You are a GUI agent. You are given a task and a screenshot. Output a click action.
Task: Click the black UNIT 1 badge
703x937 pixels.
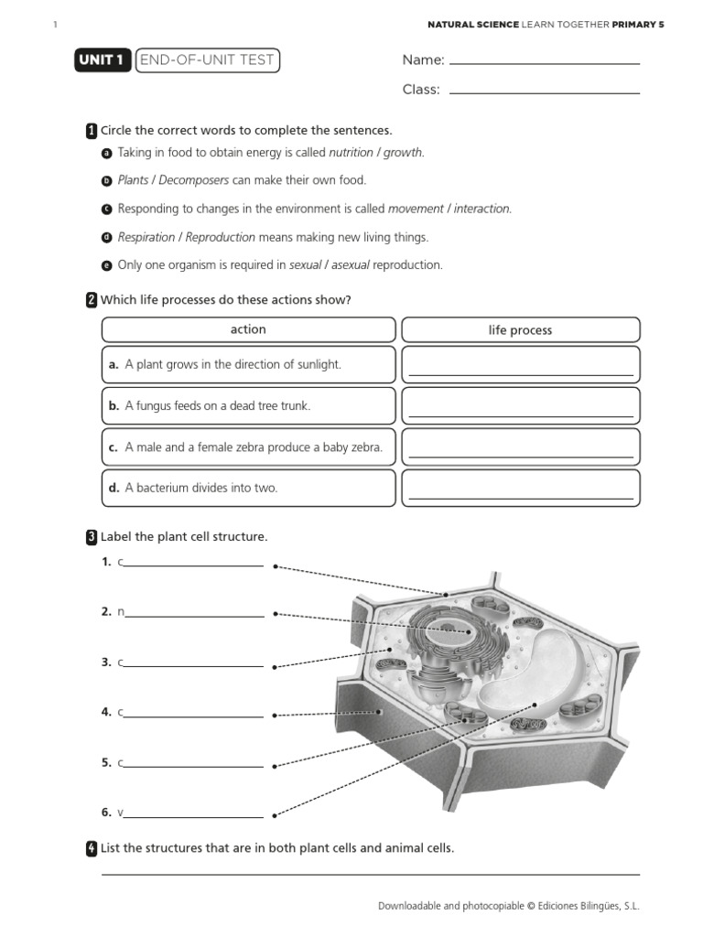coord(102,60)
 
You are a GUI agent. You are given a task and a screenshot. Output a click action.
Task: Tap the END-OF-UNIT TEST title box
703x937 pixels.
coord(206,60)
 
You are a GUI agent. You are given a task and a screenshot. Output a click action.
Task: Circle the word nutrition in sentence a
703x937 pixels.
coord(351,153)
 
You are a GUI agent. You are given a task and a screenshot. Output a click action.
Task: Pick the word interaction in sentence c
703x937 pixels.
coord(482,209)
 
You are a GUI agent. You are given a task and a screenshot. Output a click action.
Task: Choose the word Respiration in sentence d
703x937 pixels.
coord(146,237)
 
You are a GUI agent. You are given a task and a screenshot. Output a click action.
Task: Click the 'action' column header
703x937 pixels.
coord(248,329)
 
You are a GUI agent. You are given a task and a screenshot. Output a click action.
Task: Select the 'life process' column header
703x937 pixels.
coord(520,330)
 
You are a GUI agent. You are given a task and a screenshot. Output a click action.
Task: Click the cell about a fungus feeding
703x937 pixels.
coord(248,405)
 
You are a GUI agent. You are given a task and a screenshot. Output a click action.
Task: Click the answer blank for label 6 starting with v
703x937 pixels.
coord(193,814)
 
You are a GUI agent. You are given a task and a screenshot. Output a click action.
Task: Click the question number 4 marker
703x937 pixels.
coord(92,848)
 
